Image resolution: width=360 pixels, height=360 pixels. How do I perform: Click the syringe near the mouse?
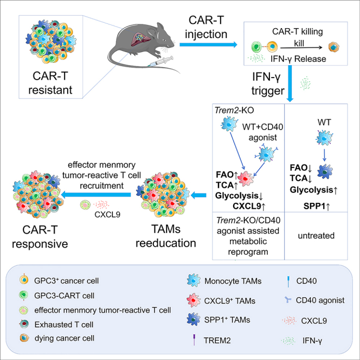coord(160,61)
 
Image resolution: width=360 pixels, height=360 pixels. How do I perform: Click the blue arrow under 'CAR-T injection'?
coord(208,44)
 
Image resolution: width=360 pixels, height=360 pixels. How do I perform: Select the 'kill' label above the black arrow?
coord(299,43)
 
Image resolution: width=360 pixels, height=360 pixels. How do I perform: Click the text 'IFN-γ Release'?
coord(298,59)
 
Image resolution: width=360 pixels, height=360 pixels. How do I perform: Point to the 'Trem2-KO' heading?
coord(234,110)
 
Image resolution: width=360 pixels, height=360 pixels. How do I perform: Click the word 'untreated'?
coord(316,235)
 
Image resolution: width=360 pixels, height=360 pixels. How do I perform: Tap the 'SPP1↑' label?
coord(317,206)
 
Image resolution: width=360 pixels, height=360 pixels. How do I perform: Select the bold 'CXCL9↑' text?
coord(249,206)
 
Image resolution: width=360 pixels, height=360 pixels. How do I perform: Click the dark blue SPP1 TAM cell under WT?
coord(325,171)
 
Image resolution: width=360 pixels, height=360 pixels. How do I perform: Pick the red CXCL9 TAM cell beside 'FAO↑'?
coord(246,178)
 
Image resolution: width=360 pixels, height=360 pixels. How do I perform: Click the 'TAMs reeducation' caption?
coord(166,236)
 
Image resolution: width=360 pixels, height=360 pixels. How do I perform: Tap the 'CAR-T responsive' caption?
coord(40,237)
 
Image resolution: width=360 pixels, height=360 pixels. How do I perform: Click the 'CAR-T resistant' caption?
coord(50,83)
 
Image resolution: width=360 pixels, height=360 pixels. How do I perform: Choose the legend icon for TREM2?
coord(195,339)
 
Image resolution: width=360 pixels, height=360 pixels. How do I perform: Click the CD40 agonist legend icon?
coord(288,300)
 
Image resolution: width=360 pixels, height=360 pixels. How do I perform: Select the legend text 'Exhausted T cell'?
coord(64,325)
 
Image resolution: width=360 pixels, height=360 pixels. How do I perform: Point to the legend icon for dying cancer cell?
coord(24,338)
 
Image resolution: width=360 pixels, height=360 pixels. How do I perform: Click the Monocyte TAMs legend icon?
coord(194,280)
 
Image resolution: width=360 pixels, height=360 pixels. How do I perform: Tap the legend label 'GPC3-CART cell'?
coord(65,295)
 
